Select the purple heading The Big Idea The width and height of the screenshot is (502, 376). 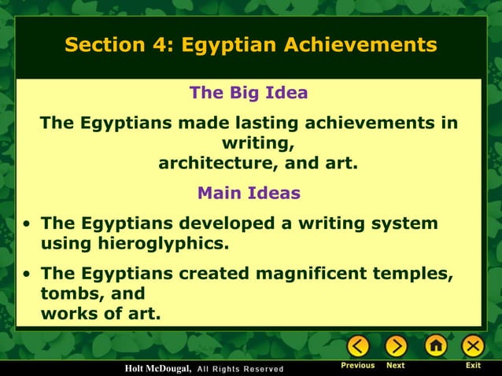click(x=249, y=94)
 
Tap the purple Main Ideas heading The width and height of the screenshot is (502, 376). click(x=249, y=193)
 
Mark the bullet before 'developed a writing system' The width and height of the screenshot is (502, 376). click(x=28, y=224)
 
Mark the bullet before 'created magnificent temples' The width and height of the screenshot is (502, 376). click(x=28, y=275)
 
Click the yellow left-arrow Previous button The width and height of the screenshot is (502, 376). click(x=358, y=346)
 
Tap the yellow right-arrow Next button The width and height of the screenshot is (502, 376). click(x=396, y=346)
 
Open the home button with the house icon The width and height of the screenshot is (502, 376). click(x=435, y=346)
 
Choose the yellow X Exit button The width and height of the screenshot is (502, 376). click(x=473, y=346)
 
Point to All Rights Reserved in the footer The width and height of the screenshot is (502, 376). click(x=239, y=369)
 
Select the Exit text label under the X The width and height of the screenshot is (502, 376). click(x=473, y=366)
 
